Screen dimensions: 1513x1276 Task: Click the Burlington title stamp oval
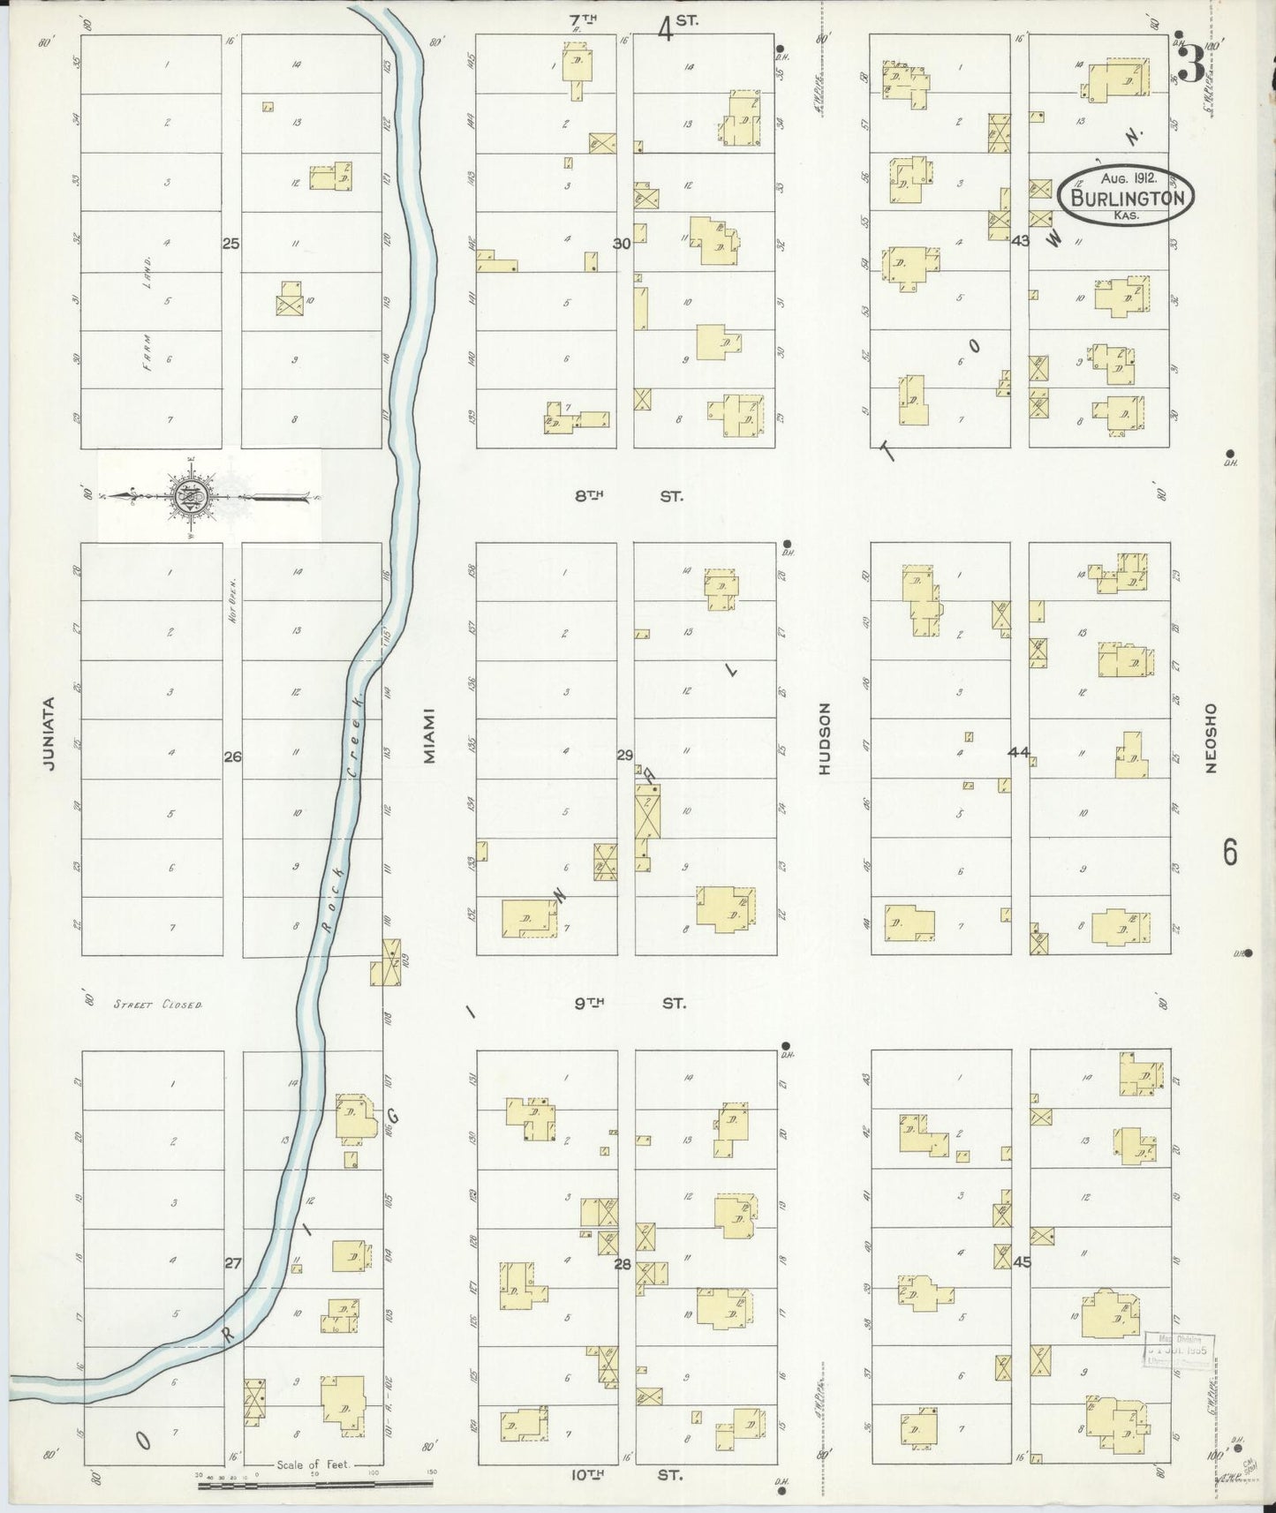click(1128, 196)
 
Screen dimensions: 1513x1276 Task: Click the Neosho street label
click(1210, 737)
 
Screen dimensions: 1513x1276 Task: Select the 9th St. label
click(630, 1003)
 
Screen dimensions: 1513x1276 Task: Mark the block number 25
click(230, 243)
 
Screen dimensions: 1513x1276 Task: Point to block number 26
click(232, 756)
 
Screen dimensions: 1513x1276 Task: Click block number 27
click(232, 1263)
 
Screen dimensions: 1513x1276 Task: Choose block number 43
click(1020, 240)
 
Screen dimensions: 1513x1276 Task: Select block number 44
click(1018, 752)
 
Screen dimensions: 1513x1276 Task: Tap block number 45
click(1022, 1261)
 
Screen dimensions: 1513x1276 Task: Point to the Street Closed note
click(158, 1005)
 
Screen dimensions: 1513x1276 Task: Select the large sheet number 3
click(1192, 64)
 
